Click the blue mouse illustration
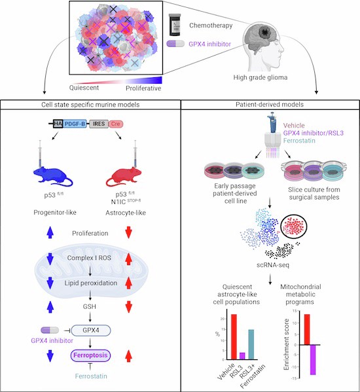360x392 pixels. coord(52,177)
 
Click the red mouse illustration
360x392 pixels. coord(123,177)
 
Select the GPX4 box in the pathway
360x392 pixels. coord(91,330)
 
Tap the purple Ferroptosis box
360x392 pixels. coord(90,355)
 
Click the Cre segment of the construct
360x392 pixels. coord(115,124)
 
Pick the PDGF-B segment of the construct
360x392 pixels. coord(75,124)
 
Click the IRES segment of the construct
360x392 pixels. coord(99,124)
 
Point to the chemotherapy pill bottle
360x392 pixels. coord(175,25)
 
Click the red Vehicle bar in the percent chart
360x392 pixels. coord(234,337)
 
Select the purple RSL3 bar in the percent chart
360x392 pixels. coord(242,356)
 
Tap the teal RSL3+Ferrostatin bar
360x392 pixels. coord(251,344)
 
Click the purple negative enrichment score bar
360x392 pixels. coord(313,360)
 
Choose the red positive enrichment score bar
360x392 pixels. coord(307,329)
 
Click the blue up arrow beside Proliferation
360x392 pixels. coord(50,232)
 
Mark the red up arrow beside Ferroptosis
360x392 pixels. coord(128,356)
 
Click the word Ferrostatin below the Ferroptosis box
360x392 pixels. coord(91,376)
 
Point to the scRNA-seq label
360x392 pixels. coord(273,265)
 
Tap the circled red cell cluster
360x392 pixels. coord(294,226)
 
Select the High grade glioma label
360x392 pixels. coord(261,77)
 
